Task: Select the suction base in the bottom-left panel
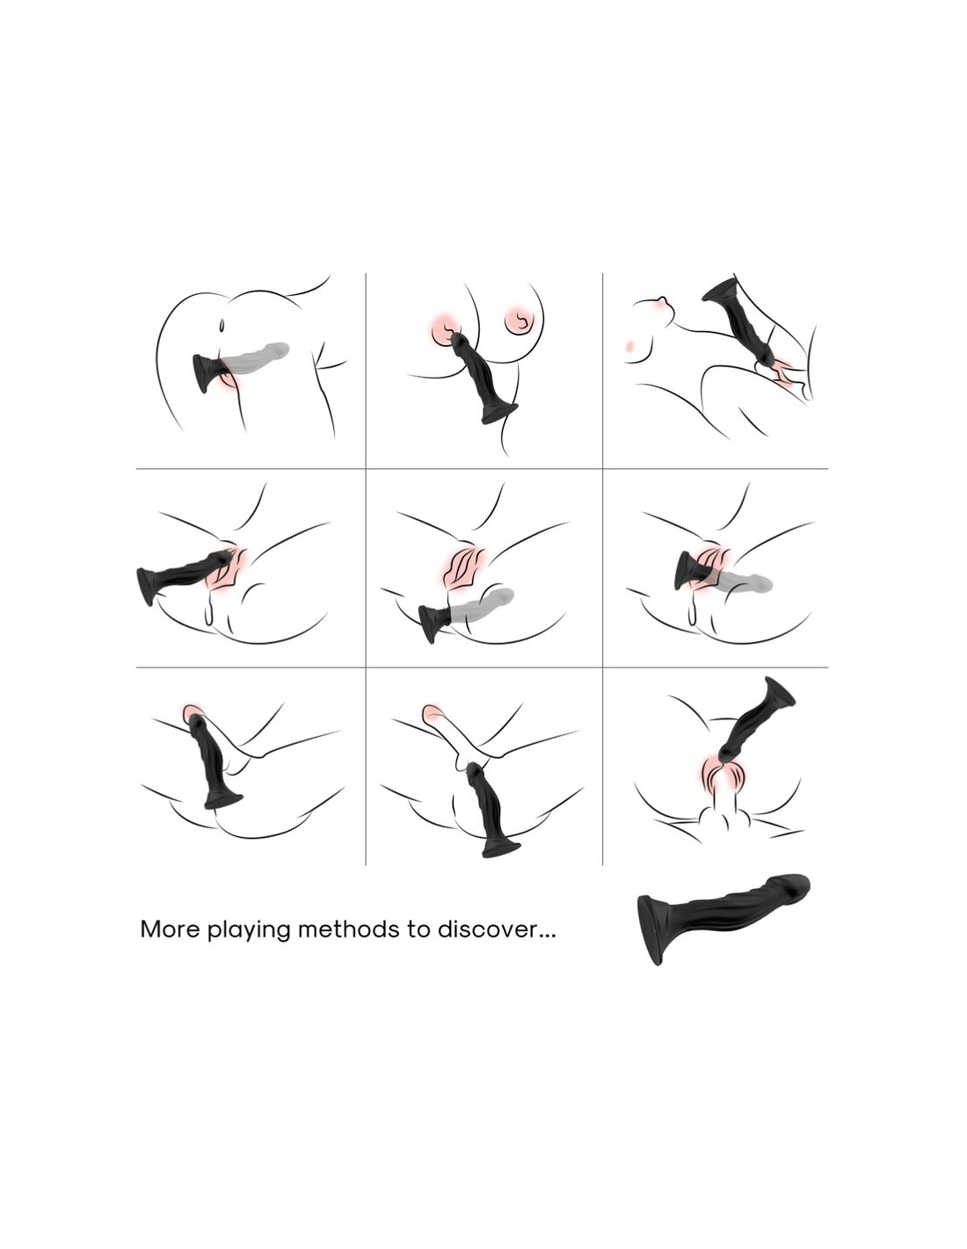[x=223, y=800]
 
